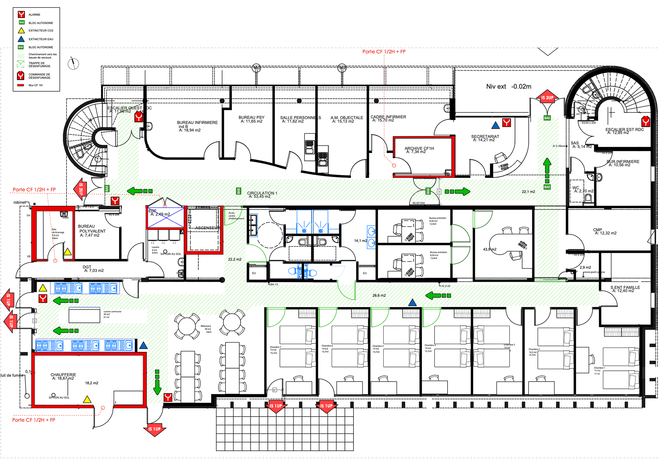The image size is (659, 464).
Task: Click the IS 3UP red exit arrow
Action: point(547,97)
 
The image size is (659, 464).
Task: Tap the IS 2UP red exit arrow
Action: point(80,189)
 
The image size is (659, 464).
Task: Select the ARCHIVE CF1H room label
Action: point(419,150)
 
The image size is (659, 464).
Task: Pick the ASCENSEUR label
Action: point(207,228)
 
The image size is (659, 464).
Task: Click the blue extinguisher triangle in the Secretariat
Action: point(495,126)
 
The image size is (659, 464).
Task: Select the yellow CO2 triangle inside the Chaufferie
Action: point(87,399)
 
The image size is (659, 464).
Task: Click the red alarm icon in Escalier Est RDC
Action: point(645,121)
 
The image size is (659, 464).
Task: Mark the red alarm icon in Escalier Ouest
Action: point(138,117)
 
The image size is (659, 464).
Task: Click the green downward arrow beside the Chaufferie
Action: point(157,383)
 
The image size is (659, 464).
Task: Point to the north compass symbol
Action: point(73,63)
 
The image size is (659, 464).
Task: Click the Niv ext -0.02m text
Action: point(508,86)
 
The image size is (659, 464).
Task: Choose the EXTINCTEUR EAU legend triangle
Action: point(21,39)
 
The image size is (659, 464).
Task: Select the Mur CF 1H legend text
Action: point(36,85)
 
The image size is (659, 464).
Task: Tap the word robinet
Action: point(20,202)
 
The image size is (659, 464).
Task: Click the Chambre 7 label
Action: point(275,347)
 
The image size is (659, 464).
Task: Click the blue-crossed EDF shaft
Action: point(166,218)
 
